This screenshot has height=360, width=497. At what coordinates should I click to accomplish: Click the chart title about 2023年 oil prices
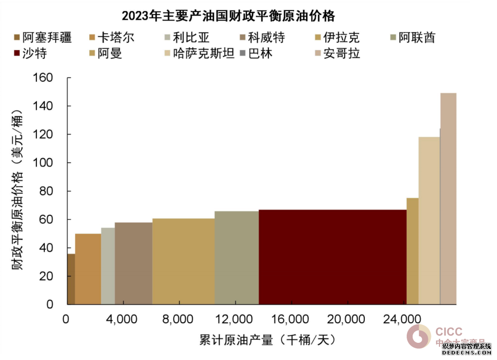coord(229,16)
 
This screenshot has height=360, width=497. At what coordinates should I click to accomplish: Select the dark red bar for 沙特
coord(333,257)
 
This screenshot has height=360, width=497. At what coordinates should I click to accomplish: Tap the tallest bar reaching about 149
coord(449,199)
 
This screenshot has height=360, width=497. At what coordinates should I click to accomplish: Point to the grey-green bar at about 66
coord(237,258)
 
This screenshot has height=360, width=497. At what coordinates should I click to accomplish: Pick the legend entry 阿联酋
coord(417,37)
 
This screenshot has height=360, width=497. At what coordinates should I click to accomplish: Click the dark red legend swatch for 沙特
coord(17,53)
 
